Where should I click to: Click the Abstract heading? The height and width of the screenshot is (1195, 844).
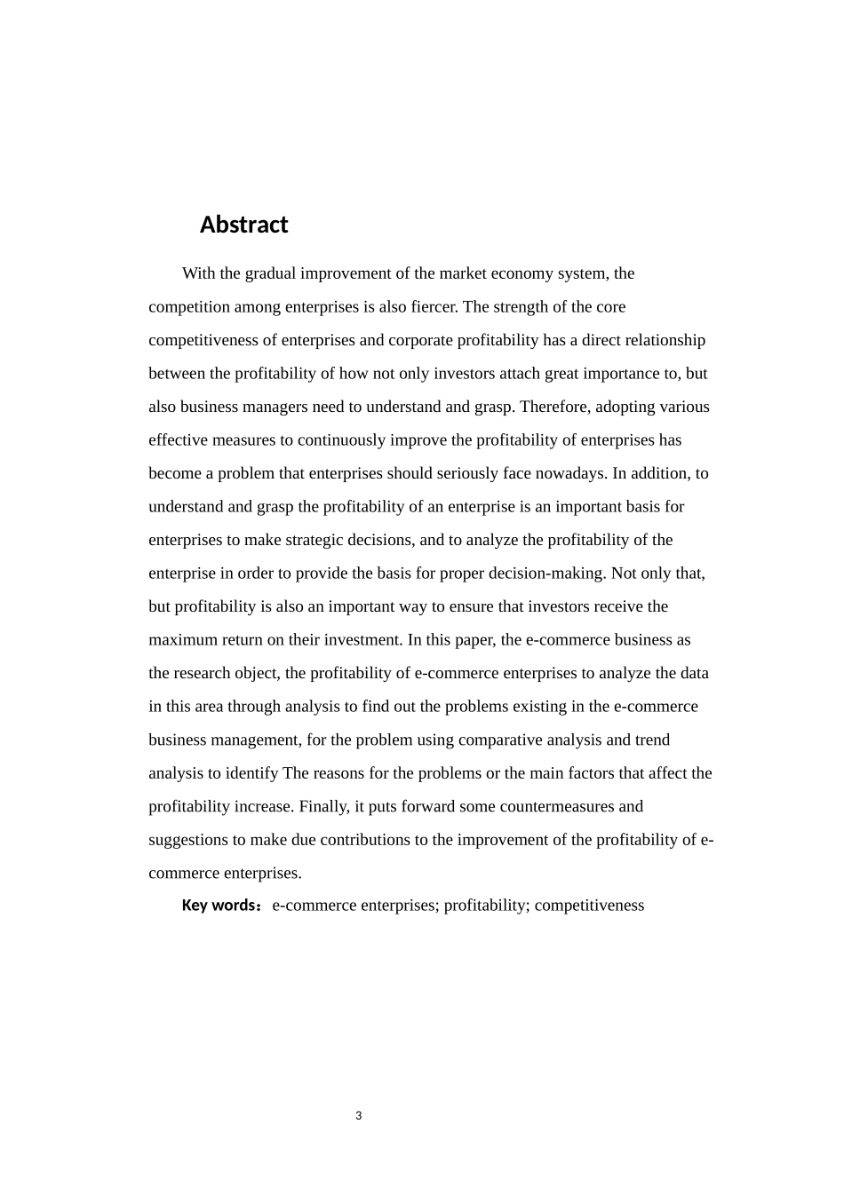coord(243,225)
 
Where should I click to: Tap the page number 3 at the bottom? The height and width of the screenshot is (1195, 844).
coord(359,1116)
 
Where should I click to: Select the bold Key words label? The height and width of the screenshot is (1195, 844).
coord(220,906)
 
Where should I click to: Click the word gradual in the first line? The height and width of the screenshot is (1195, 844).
coord(270,273)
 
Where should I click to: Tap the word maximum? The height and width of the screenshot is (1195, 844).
coord(177,640)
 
